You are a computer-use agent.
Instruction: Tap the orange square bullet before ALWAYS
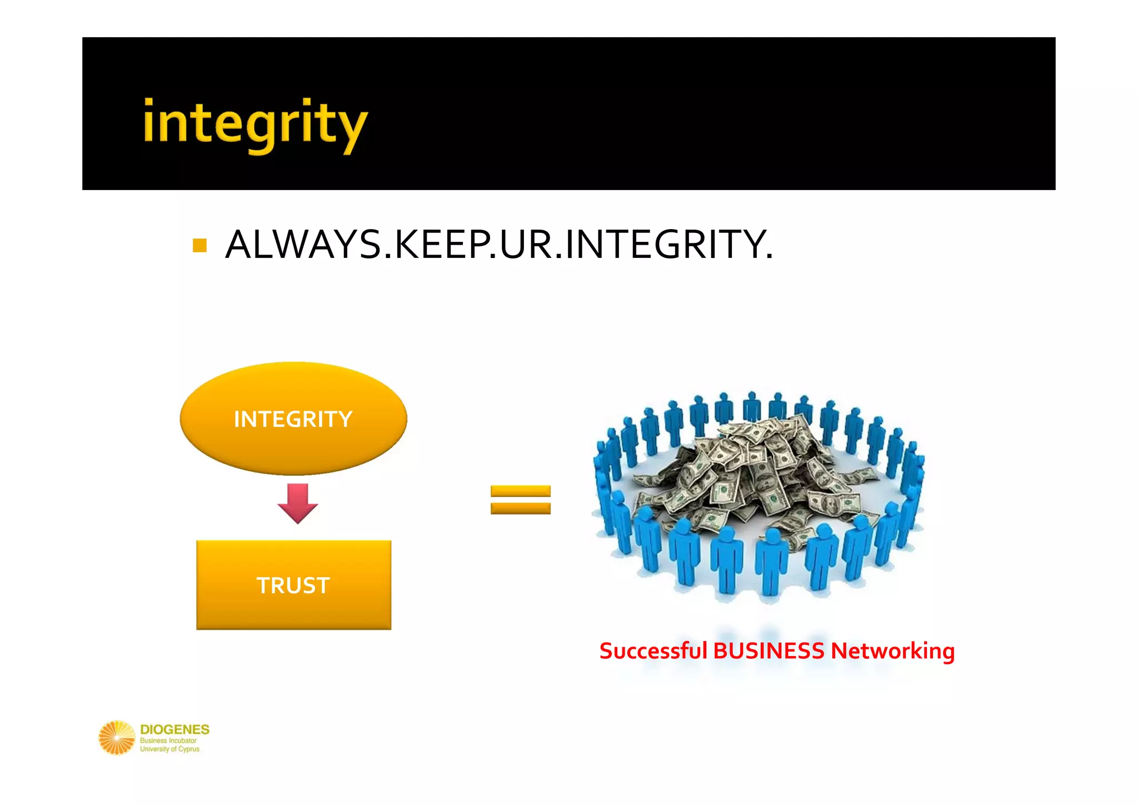coord(199,245)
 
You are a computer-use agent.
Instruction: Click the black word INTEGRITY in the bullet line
coord(663,245)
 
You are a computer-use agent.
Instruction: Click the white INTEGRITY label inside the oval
coord(293,419)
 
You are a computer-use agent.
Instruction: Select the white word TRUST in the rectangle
coord(293,585)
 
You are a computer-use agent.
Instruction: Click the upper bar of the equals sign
coord(520,491)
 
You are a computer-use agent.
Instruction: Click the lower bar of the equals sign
coord(520,508)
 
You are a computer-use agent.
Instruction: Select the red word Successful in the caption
coord(653,651)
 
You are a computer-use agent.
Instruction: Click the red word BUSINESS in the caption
coord(768,651)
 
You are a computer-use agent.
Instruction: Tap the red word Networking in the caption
coord(892,651)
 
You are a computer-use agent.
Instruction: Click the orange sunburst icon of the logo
coord(117,738)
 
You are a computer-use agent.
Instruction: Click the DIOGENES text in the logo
coord(174,729)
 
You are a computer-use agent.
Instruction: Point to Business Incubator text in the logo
coord(168,741)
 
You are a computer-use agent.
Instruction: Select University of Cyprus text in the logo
coord(169,749)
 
